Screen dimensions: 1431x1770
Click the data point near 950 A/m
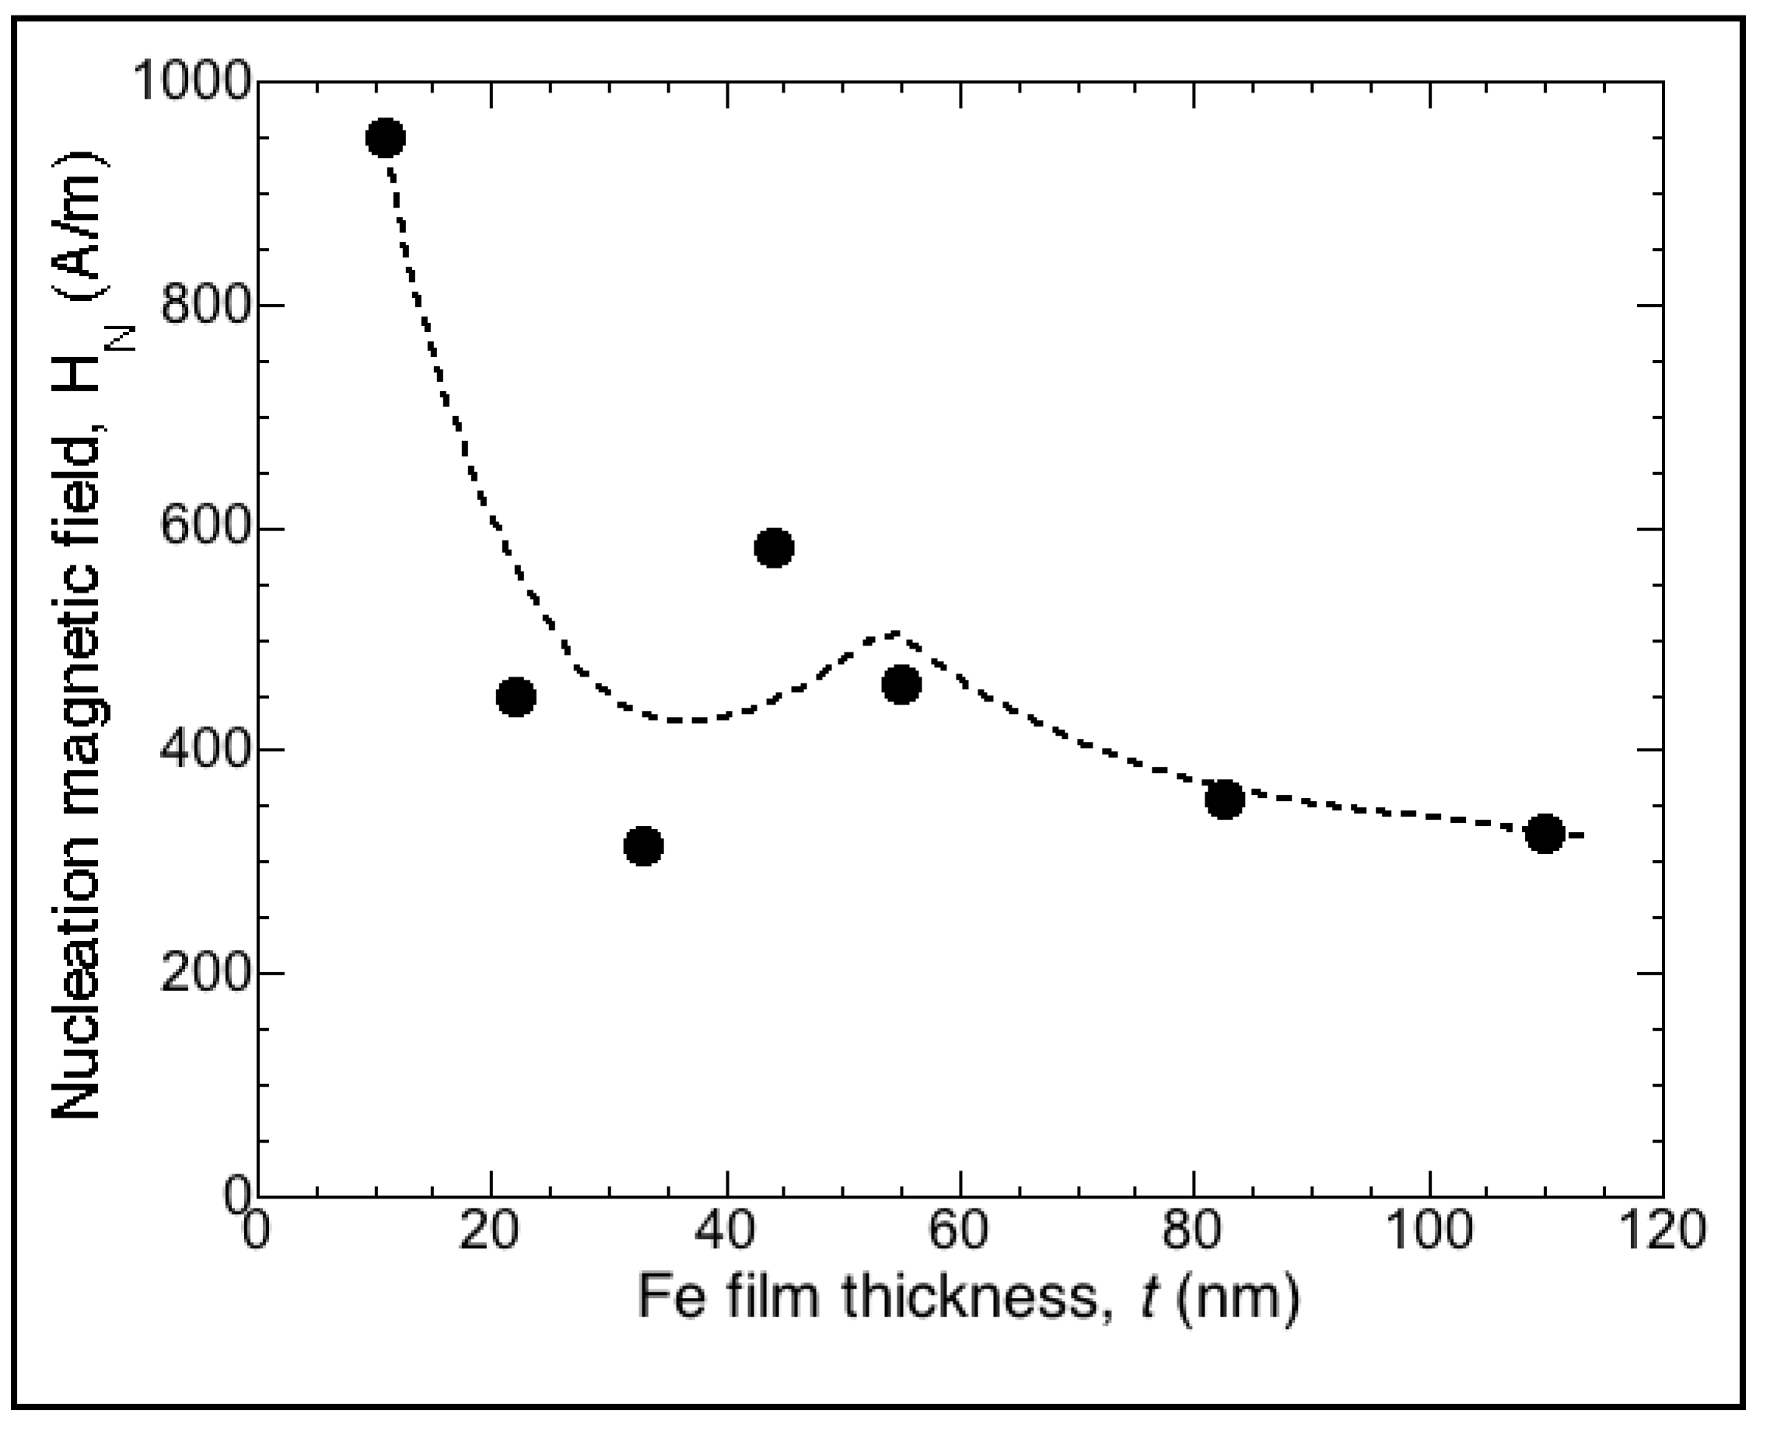(386, 137)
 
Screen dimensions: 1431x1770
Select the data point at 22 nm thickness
(516, 698)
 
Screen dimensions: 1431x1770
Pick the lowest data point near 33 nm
(644, 845)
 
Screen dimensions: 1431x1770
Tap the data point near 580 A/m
(774, 548)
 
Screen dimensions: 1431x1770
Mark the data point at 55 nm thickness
(901, 684)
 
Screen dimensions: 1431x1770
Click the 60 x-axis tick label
(960, 1233)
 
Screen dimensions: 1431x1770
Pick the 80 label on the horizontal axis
(1195, 1233)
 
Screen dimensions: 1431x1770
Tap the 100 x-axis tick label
(1429, 1233)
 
